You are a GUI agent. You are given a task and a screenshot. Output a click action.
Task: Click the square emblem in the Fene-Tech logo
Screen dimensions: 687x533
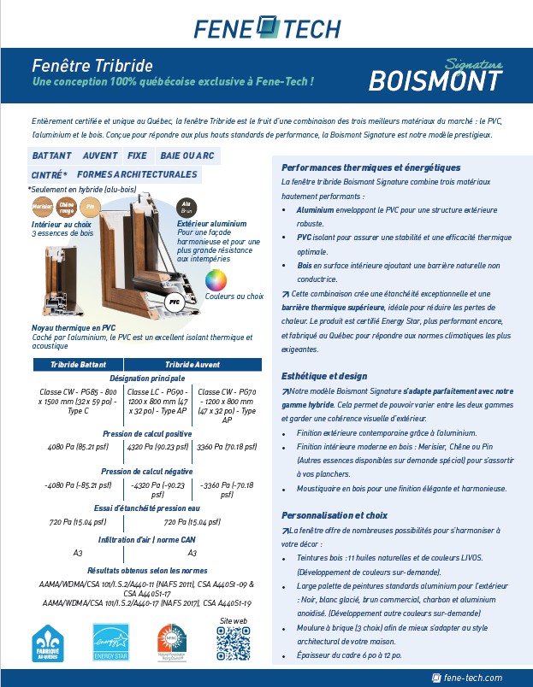pyautogui.click(x=267, y=26)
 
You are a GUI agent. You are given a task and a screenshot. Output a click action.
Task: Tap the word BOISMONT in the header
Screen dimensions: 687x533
pyautogui.click(x=435, y=79)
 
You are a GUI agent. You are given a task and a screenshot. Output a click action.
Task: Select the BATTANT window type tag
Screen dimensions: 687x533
pyautogui.click(x=51, y=157)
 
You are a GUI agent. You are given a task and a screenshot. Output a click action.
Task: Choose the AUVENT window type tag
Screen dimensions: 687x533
pyautogui.click(x=100, y=157)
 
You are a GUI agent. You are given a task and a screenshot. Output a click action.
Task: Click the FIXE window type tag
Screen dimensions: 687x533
pyautogui.click(x=137, y=157)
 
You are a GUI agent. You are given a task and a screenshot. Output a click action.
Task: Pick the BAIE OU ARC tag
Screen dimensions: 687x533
pyautogui.click(x=187, y=157)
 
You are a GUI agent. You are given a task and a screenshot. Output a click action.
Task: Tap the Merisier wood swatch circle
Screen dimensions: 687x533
pyautogui.click(x=42, y=207)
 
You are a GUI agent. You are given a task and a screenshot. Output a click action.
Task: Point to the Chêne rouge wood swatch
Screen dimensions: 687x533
pyautogui.click(x=67, y=207)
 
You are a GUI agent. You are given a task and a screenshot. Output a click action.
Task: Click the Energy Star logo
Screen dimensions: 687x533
pyautogui.click(x=110, y=642)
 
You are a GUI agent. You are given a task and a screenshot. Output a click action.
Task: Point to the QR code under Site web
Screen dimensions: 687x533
pyautogui.click(x=233, y=643)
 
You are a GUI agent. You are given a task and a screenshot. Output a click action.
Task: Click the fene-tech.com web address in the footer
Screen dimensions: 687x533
pyautogui.click(x=472, y=678)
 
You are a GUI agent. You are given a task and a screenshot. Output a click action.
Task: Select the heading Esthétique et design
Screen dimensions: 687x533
pyautogui.click(x=324, y=376)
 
